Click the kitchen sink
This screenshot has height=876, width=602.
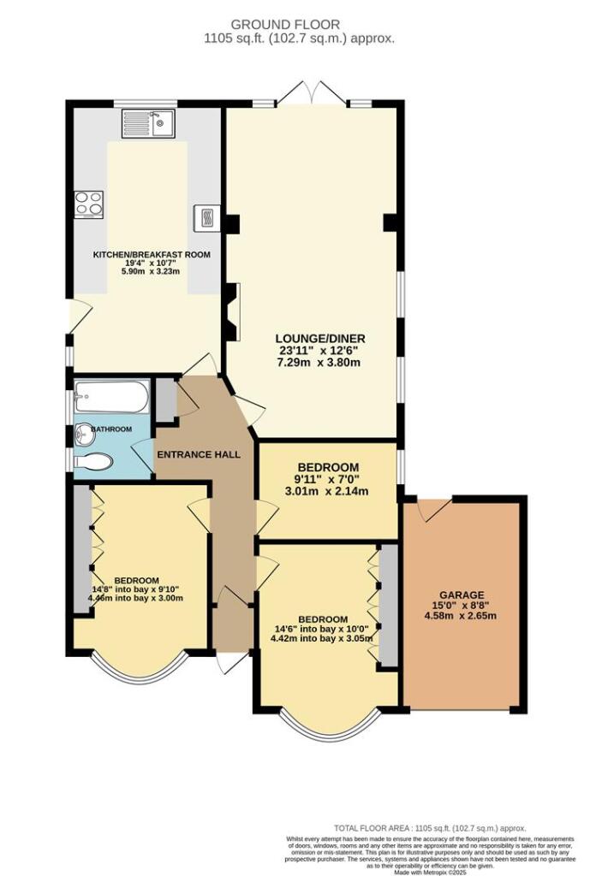pyautogui.click(x=148, y=124)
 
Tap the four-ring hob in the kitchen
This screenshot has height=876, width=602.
pyautogui.click(x=87, y=204)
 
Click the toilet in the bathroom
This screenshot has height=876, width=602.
pyautogui.click(x=94, y=461)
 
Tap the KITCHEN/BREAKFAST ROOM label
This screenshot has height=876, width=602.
pyautogui.click(x=152, y=255)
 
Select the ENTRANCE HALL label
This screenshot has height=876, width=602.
pyautogui.click(x=197, y=453)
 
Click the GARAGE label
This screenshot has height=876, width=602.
pyautogui.click(x=462, y=595)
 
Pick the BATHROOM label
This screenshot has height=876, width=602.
pyautogui.click(x=111, y=429)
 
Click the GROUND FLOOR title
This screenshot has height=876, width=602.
pyautogui.click(x=299, y=25)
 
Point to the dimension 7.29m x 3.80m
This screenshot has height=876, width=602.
pyautogui.click(x=312, y=362)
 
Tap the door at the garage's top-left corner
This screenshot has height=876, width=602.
pyautogui.click(x=431, y=510)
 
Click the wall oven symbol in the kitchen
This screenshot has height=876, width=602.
pyautogui.click(x=206, y=218)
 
